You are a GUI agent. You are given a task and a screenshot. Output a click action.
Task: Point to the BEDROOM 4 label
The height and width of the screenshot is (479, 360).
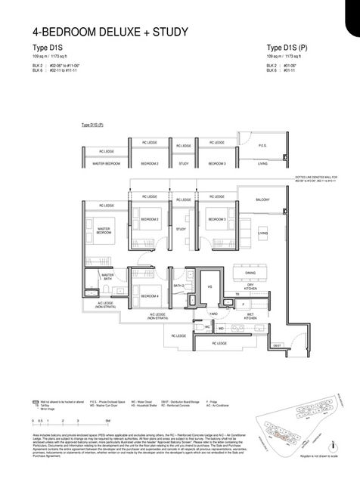click(x=150, y=296)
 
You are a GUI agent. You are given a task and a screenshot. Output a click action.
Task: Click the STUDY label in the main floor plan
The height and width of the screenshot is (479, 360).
click(x=181, y=229)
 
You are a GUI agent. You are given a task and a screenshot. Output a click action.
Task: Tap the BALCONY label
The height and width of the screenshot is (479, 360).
click(x=262, y=199)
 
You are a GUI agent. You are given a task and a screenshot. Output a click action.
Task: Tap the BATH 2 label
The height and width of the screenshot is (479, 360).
click(x=179, y=286)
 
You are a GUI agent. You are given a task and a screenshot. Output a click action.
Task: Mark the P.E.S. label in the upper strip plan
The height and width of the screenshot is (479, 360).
click(x=262, y=146)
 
